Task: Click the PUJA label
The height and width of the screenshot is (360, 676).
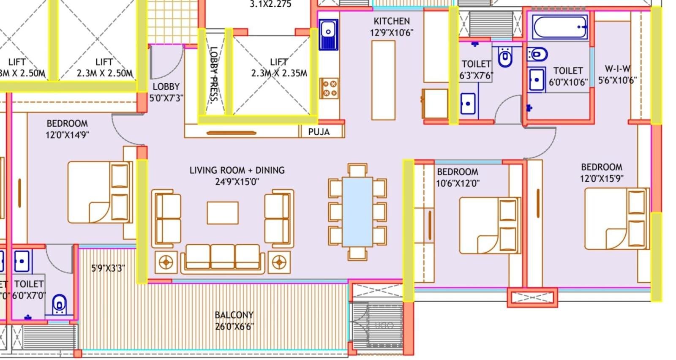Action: tap(319, 132)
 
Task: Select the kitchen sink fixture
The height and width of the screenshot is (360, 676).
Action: tap(328, 34)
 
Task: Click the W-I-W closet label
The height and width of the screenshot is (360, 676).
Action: tap(617, 74)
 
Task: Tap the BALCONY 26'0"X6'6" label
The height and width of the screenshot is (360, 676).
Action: tap(234, 320)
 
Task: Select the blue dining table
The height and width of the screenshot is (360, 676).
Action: tap(357, 212)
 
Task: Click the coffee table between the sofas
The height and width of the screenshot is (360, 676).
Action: tap(223, 213)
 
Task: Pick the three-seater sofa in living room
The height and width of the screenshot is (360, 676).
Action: tap(223, 258)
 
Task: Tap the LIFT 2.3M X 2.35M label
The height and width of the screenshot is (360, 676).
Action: tap(279, 68)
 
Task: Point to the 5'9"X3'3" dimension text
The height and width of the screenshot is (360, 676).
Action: tap(108, 268)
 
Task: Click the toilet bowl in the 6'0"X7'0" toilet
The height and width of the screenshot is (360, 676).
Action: tap(60, 305)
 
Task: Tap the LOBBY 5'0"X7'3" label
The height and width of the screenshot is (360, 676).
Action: tap(166, 92)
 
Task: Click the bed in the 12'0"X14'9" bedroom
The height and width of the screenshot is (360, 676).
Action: tap(100, 192)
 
